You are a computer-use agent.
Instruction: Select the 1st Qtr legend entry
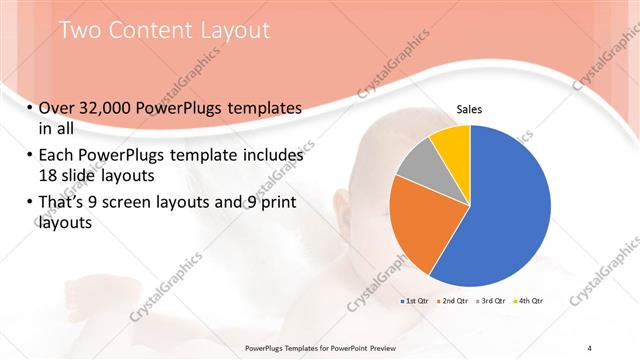pos(413,300)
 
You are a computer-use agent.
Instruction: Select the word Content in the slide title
pos(149,30)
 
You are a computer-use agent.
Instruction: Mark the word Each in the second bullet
pos(58,156)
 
